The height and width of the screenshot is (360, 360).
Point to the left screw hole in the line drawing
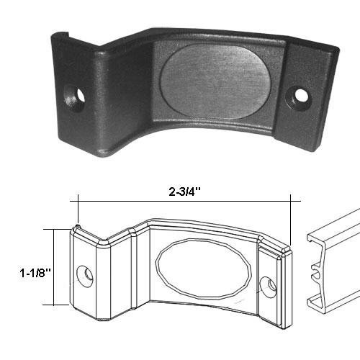point(87,274)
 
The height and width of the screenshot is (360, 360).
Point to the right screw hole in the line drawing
point(271,284)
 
